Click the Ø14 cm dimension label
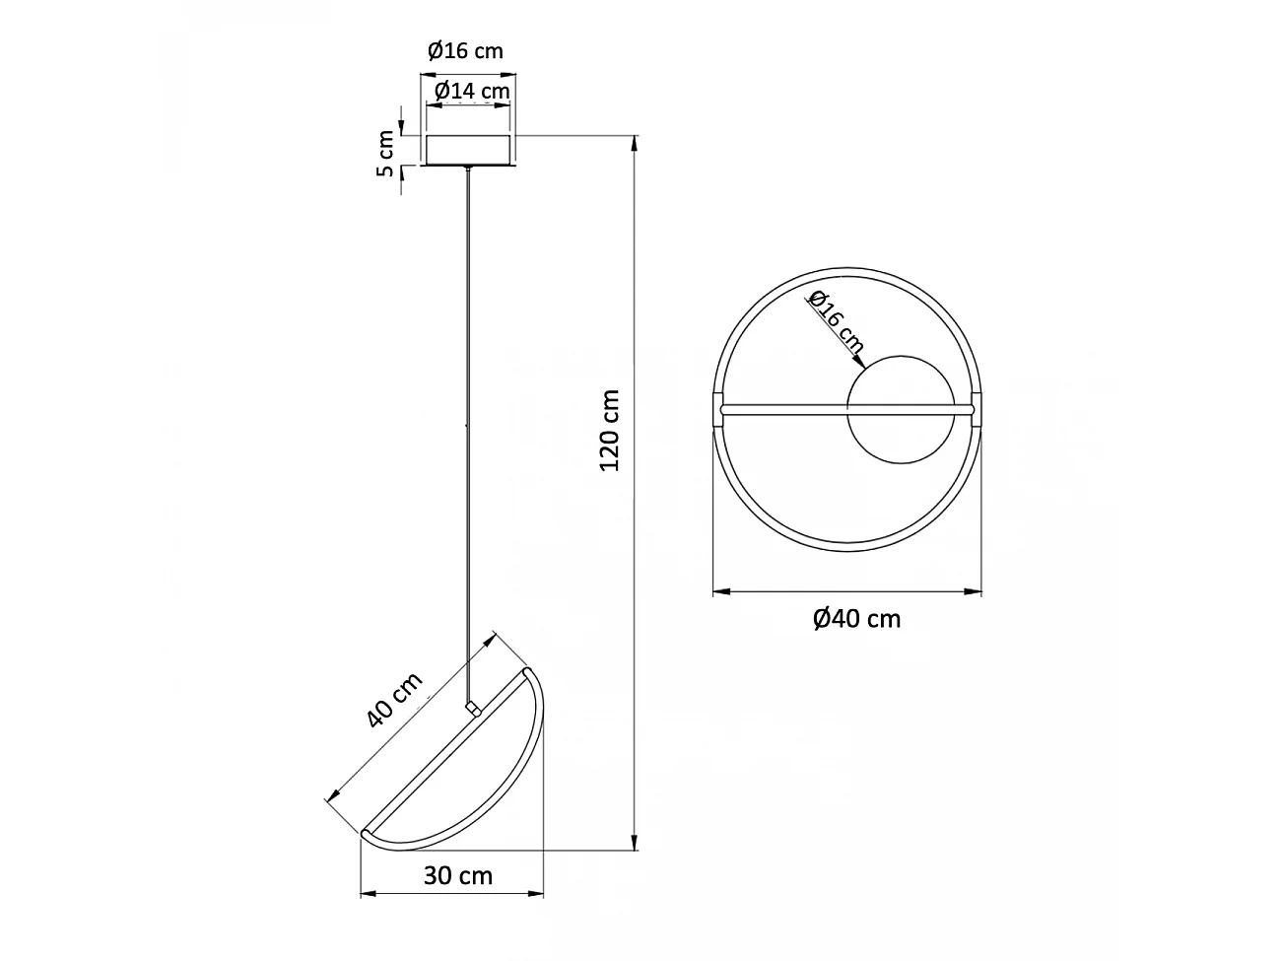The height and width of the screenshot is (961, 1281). tap(472, 91)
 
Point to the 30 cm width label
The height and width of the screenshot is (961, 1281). tap(457, 874)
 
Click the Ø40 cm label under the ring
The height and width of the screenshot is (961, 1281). tap(856, 618)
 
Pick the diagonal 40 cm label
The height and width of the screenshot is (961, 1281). tap(394, 700)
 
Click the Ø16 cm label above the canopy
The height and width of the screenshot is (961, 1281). tap(465, 50)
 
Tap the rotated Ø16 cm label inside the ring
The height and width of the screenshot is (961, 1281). tap(836, 321)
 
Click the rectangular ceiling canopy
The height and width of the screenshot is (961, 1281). tap(469, 150)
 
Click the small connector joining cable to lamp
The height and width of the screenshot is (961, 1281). tap(472, 708)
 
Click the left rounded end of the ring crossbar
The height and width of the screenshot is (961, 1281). tap(724, 407)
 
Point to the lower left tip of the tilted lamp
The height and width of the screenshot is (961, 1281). tap(366, 834)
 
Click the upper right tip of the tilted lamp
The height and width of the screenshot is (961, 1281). tap(532, 671)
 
